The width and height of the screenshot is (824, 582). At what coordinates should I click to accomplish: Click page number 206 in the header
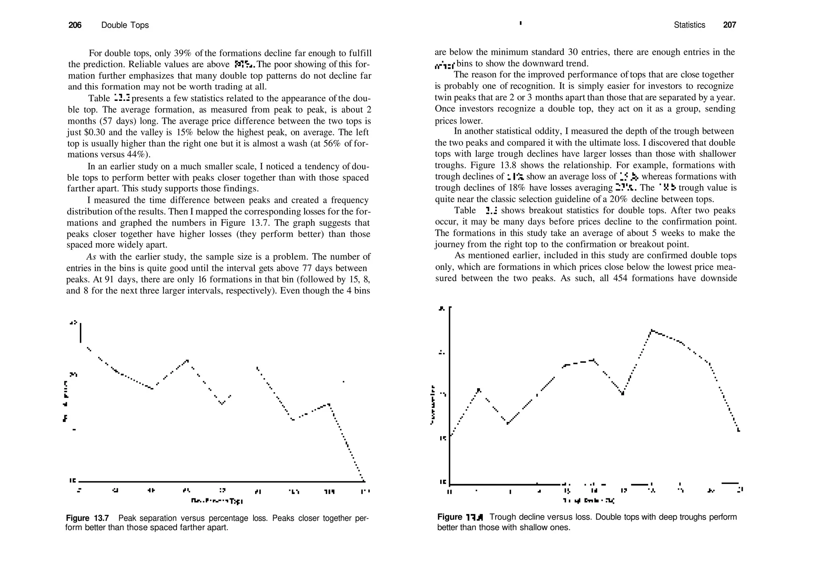[x=75, y=25]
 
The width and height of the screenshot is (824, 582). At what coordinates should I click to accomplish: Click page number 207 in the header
[x=729, y=25]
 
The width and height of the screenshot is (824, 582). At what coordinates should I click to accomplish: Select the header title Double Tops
[x=125, y=25]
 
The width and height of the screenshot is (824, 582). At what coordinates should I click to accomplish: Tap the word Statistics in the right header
[x=689, y=25]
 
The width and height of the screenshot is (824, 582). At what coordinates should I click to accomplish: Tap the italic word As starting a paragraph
[x=91, y=257]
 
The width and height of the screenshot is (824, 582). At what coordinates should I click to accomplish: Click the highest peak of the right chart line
[x=651, y=331]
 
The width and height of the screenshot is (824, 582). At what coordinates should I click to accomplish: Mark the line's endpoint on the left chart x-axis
[x=364, y=481]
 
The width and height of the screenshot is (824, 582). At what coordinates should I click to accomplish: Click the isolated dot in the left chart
[x=343, y=382]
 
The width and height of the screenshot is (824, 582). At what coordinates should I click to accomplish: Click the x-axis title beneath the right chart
[x=588, y=501]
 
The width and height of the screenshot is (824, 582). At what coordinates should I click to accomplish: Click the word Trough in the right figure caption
[x=503, y=517]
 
